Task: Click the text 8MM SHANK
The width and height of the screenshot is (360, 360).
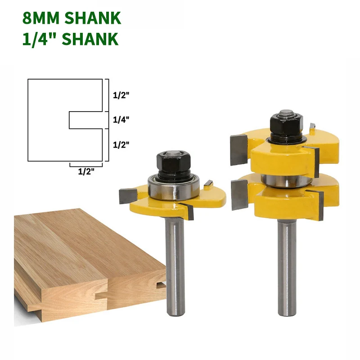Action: pyautogui.click(x=72, y=18)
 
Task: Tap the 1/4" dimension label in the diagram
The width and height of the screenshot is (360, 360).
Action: pyautogui.click(x=121, y=120)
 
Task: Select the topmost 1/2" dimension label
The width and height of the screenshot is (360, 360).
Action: pyautogui.click(x=121, y=95)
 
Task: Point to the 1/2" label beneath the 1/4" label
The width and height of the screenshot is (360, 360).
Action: pyautogui.click(x=121, y=145)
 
